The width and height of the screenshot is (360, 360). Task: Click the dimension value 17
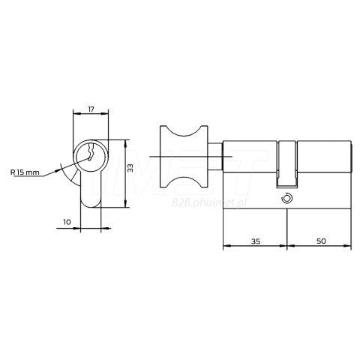(91, 109)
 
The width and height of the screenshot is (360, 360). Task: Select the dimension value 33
(130, 168)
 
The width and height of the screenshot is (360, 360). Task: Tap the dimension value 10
(67, 222)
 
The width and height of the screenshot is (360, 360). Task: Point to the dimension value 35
(256, 241)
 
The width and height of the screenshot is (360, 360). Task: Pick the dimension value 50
(321, 241)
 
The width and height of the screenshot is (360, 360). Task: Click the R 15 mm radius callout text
(25, 172)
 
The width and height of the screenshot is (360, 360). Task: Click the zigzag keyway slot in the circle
(90, 152)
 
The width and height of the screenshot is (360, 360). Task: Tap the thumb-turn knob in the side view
(184, 157)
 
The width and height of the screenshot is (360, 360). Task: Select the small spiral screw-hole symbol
(286, 199)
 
